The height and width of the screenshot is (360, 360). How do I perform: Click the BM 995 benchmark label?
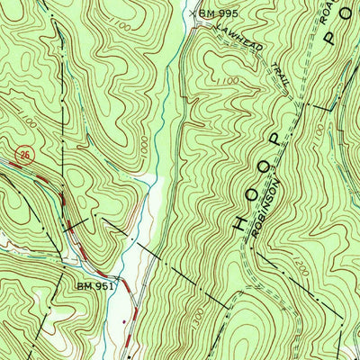(x=220, y=14)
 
